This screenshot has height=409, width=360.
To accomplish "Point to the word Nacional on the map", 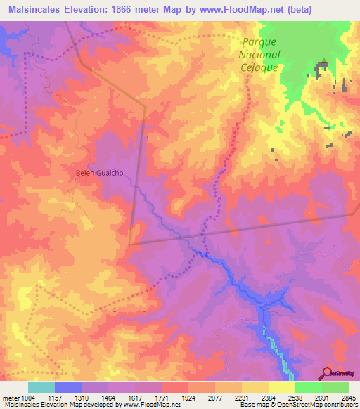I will tap(257, 55).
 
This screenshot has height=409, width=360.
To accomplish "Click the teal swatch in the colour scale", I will tap(41, 387).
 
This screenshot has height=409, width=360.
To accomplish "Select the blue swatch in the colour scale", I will tap(68, 387).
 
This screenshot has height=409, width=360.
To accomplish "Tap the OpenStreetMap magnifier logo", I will tap(327, 372).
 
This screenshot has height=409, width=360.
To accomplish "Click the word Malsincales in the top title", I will tap(36, 9).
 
